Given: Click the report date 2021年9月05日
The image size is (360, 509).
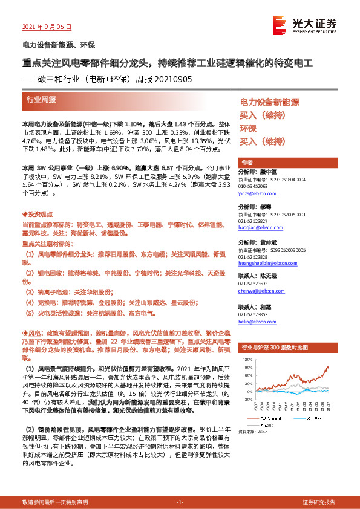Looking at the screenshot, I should point(47,26).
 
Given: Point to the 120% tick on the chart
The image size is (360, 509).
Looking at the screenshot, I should point(247,359).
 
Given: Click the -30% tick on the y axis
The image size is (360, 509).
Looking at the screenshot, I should point(247,399).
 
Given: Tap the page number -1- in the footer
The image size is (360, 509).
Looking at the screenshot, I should point(180,502).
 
